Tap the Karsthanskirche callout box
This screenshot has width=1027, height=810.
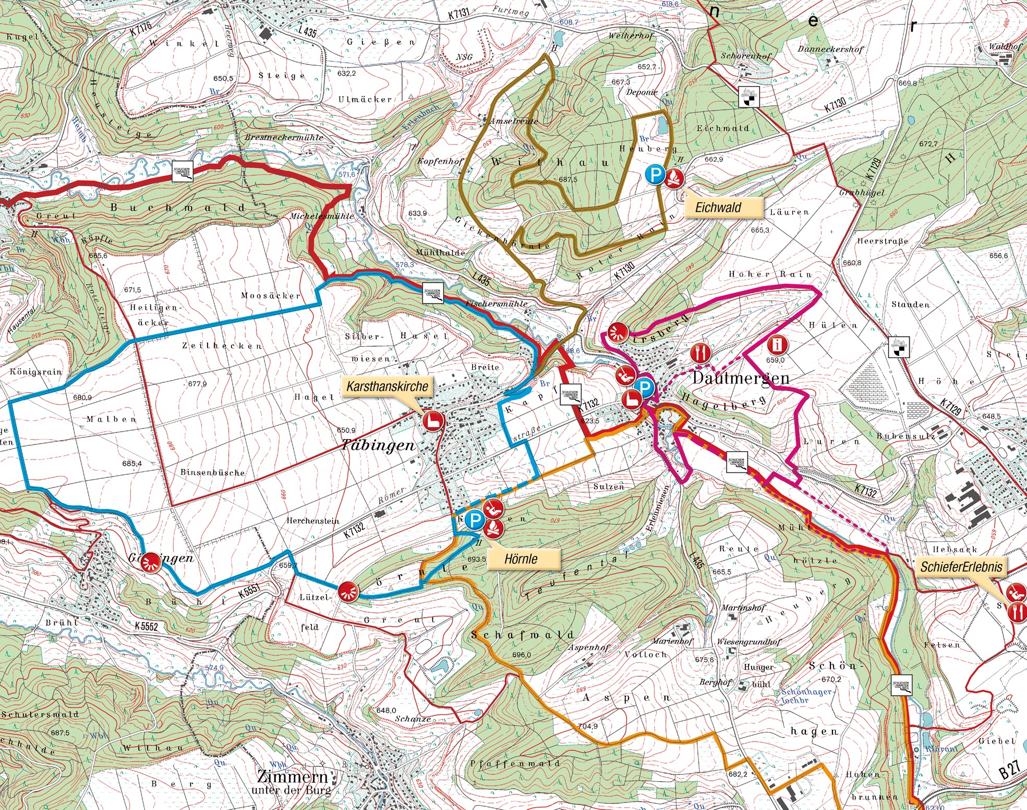[387, 386]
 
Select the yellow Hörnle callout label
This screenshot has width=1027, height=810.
[521, 559]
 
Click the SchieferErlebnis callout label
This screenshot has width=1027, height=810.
[961, 567]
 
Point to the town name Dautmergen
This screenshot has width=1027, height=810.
[741, 378]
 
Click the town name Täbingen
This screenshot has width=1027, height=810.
[378, 445]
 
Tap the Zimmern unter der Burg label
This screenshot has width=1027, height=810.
[292, 782]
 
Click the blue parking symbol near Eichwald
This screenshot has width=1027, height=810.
[656, 175]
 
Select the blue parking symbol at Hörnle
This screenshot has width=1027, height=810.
[475, 519]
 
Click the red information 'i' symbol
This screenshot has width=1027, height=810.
[778, 345]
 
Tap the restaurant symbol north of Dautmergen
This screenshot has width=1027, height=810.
[700, 354]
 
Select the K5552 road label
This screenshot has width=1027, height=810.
[146, 626]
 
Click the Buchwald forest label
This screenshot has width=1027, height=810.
[177, 208]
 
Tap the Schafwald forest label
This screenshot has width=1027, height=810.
[522, 635]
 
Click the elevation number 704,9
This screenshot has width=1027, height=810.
[587, 726]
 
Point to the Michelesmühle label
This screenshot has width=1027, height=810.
[322, 216]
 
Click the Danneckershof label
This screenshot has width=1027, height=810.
[830, 49]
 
